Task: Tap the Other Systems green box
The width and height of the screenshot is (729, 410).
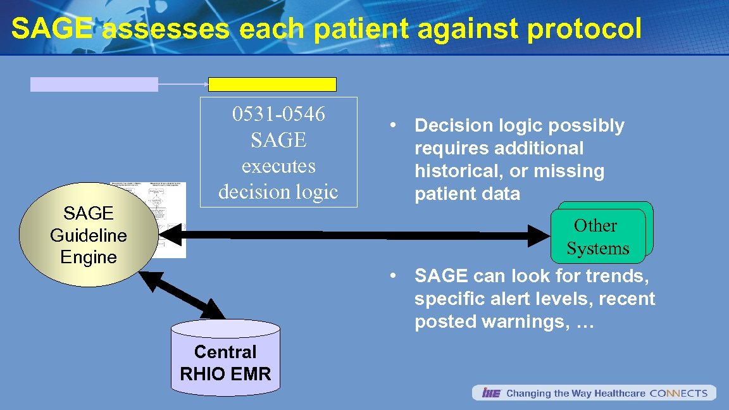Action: click(x=598, y=237)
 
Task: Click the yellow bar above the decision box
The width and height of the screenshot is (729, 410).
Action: click(x=272, y=85)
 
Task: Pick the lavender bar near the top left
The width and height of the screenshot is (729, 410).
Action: click(x=94, y=85)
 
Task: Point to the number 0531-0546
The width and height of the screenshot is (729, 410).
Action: click(x=278, y=115)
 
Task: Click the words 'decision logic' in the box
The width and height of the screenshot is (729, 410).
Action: click(x=278, y=190)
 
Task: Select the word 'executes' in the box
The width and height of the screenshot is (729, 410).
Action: click(x=278, y=166)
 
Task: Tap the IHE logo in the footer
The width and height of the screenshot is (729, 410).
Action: click(x=491, y=394)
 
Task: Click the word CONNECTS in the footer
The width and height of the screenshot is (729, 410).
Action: click(x=678, y=394)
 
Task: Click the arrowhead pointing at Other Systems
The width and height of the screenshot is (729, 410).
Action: click(x=542, y=236)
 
